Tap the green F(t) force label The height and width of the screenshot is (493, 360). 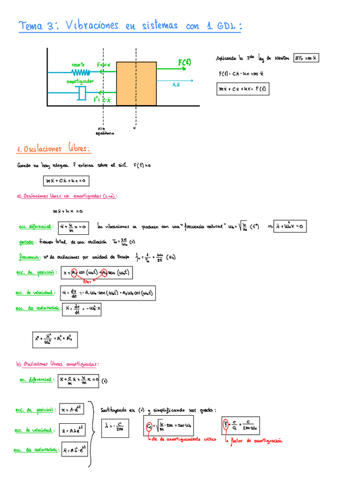click(x=185, y=63)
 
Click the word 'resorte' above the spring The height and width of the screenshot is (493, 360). click(x=79, y=64)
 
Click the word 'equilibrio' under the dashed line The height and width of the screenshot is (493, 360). click(x=105, y=133)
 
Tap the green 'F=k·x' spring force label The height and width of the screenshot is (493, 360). click(x=104, y=65)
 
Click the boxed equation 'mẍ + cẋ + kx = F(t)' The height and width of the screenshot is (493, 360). click(x=242, y=90)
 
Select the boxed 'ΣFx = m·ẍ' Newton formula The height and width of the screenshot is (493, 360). click(x=306, y=58)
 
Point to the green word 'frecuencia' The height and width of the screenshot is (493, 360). click(x=29, y=256)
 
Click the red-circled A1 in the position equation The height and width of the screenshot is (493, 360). click(x=74, y=272)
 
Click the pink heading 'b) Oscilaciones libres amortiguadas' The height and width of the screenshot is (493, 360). click(x=57, y=365)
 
